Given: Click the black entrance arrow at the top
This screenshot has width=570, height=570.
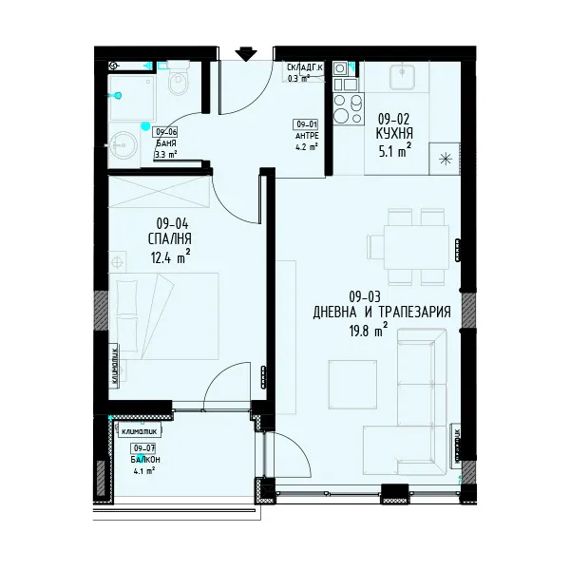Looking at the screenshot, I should tap(246, 53).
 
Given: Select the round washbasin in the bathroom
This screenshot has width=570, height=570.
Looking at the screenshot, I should tap(123, 146).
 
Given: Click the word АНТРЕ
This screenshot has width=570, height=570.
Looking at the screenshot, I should tap(306, 135).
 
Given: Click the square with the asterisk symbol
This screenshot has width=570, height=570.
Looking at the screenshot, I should tap(443, 158).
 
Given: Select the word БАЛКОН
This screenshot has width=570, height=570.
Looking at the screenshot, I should tap(144, 458).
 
